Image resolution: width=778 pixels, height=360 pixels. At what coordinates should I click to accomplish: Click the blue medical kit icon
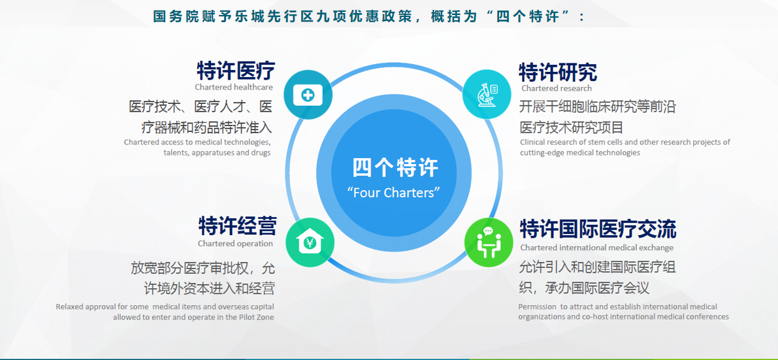308,94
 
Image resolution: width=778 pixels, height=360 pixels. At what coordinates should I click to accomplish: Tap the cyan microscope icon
487,94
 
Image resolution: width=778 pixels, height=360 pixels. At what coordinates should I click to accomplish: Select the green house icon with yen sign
310,242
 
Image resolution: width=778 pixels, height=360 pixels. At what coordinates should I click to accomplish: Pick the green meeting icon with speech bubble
489,242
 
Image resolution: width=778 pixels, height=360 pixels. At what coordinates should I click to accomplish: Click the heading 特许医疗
236,71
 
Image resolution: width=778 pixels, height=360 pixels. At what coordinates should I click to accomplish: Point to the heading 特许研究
558,73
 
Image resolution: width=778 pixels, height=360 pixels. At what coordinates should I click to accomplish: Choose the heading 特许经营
238,226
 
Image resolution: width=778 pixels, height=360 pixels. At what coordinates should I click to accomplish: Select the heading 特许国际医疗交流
598,229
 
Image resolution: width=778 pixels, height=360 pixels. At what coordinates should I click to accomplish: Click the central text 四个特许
395,167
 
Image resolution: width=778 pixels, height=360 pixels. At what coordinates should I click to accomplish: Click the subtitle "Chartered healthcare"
234,88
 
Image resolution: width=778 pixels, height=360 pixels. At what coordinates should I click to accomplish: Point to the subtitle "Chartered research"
557,88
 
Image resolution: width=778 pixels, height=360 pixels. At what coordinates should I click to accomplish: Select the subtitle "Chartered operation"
235,244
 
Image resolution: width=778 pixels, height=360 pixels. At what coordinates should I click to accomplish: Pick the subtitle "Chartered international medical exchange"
597,247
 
